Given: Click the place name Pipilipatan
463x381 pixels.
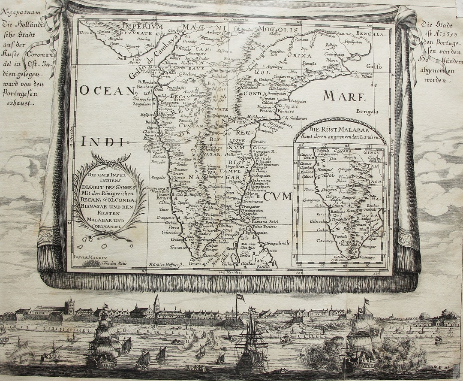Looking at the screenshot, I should pos(354,42).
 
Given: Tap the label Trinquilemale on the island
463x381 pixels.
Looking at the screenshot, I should pos(277,243).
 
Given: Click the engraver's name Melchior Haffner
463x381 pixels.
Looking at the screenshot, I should pos(165,265).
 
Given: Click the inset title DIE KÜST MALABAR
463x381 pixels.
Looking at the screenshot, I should pos(340,129).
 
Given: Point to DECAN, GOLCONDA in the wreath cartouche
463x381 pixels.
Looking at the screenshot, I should pos(110,199).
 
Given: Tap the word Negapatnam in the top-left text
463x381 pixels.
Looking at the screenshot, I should pos(21,12).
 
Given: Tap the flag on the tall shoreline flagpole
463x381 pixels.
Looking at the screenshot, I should pos(240,297).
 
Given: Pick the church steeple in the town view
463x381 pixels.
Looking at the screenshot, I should pos(156,303).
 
